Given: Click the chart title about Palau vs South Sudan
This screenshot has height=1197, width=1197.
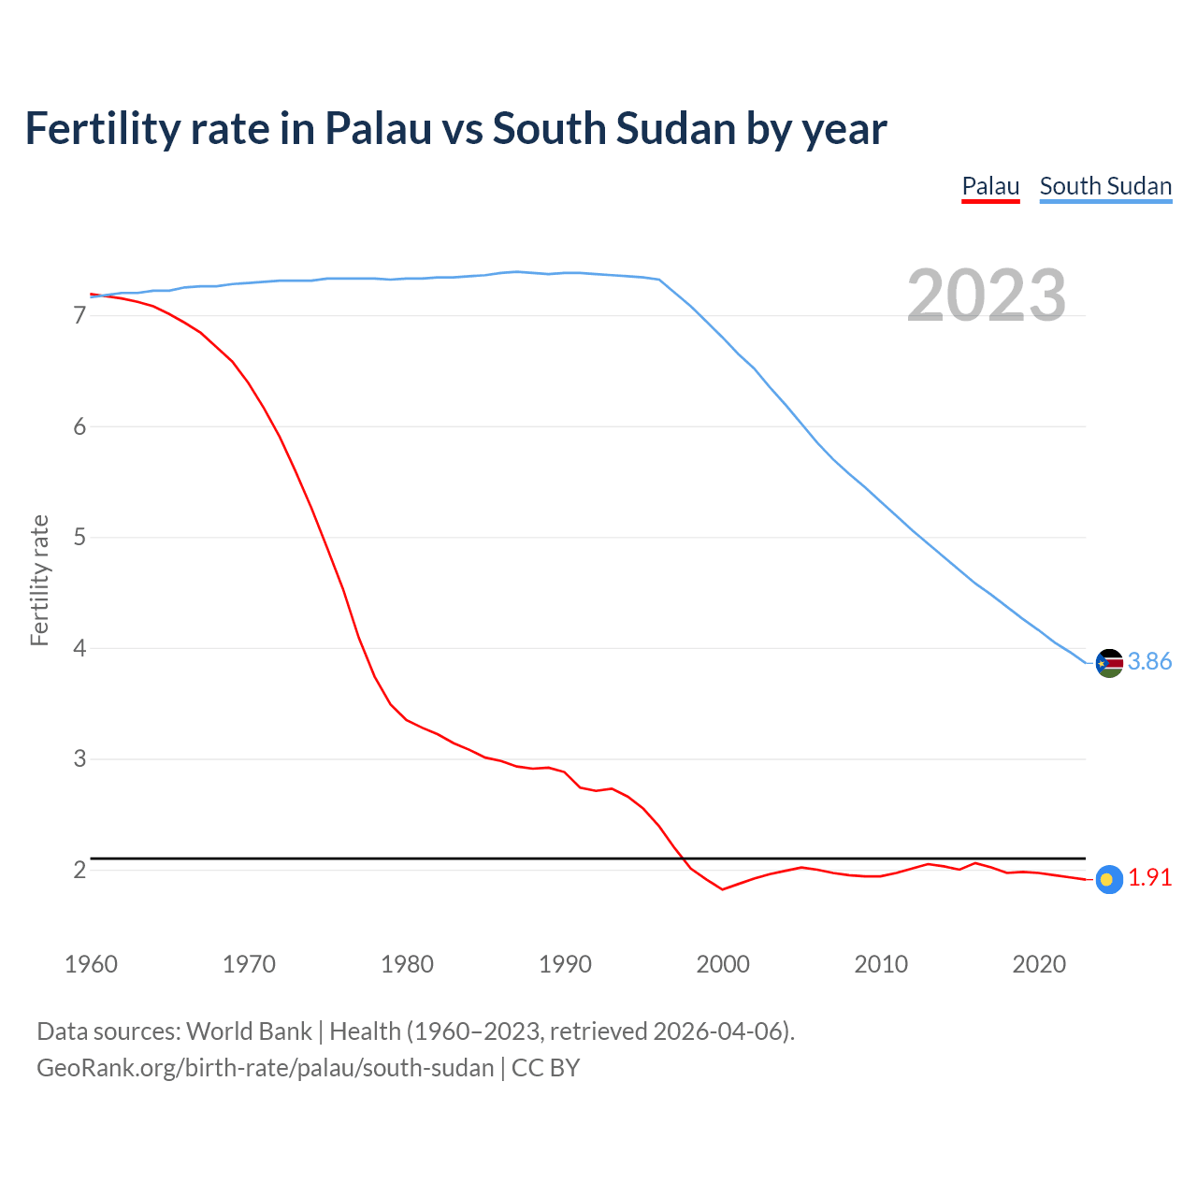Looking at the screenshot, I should point(455,128).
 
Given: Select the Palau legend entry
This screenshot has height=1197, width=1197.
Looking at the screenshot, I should point(990,186).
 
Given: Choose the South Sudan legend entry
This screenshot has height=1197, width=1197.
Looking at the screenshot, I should point(1105,186).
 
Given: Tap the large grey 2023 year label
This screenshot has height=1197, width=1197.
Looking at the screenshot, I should point(987,296).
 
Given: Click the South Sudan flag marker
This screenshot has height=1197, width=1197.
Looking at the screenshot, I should point(1109,662).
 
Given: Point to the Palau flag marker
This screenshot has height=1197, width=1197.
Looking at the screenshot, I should point(1109,879).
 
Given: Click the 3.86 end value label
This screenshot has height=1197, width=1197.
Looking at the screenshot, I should point(1149,662).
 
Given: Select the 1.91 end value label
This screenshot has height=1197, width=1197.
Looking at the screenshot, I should point(1149,878).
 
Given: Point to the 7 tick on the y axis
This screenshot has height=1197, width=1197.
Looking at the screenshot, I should point(79,316).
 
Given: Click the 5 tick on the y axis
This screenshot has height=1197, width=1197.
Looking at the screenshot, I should point(79,538).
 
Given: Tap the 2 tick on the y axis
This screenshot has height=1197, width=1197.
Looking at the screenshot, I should point(79,871).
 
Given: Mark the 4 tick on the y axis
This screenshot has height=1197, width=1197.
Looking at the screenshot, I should point(79,648).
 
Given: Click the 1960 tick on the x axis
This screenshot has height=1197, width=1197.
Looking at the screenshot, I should point(91,964).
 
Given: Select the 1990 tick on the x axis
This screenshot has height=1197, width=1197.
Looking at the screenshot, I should point(565,964).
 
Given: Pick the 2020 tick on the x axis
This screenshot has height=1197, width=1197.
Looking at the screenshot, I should point(1039,964).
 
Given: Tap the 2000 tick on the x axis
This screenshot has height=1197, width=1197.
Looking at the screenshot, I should point(723,964).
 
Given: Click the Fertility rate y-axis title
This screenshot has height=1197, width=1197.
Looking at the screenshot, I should point(39,580).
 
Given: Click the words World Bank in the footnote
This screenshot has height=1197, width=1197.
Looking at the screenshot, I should point(249,1031).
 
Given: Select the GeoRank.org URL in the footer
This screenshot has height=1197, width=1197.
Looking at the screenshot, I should point(265,1068).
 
